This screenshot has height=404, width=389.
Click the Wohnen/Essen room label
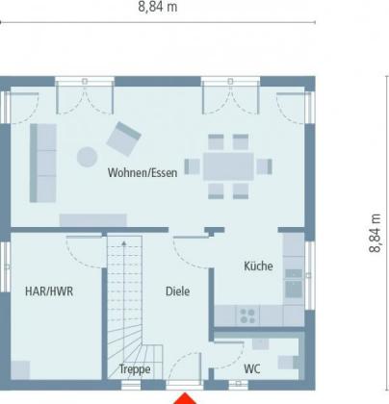tap(143, 173)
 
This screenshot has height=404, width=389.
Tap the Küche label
tap(258, 266)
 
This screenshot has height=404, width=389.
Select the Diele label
tap(177, 291)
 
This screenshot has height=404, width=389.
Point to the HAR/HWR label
tap(49, 291)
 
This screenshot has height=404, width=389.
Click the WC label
tap(252, 369)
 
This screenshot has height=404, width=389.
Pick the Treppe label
tap(135, 369)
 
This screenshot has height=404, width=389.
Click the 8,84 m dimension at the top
tap(158, 7)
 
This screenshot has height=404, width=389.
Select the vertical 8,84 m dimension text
tap(375, 233)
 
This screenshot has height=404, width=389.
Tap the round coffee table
tap(87, 157)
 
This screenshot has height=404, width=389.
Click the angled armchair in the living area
tap(124, 139)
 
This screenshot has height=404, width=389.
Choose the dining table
tap(228, 166)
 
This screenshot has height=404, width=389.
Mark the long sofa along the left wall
tap(43, 164)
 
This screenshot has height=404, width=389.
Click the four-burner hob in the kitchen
tap(247, 316)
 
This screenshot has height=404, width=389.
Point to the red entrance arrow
tap(185, 398)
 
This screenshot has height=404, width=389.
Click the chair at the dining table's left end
tap(193, 166)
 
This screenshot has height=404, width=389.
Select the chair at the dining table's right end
tap(264, 166)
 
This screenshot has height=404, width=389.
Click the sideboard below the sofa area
tap(93, 220)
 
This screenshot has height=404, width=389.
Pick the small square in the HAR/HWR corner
tap(20, 370)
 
